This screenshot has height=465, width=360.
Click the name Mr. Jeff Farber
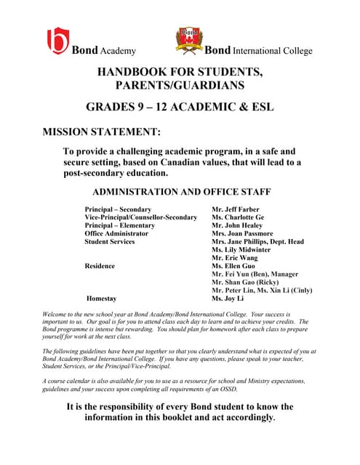[236, 210]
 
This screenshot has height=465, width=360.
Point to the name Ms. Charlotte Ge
[238, 218]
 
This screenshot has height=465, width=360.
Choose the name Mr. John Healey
[237, 226]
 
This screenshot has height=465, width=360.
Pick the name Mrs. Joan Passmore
[241, 234]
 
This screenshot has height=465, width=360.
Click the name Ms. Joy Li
[228, 298]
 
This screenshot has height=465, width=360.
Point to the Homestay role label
[101, 298]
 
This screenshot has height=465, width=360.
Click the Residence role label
[100, 266]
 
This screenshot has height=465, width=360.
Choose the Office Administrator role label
[116, 234]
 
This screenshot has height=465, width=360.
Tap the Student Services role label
[110, 242]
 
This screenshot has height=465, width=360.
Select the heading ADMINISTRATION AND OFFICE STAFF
[182, 193]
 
